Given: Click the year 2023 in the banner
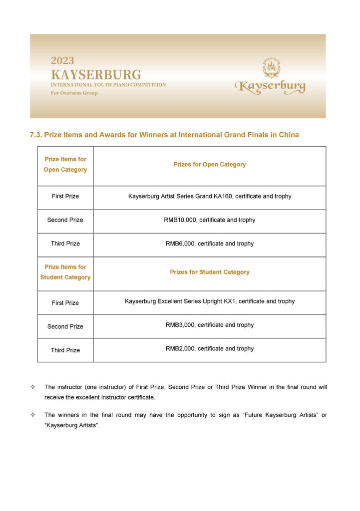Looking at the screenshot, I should (62, 61).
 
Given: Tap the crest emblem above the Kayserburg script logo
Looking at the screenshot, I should (272, 68).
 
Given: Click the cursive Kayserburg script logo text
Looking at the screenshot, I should (270, 87).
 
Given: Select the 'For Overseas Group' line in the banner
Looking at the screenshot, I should (74, 93).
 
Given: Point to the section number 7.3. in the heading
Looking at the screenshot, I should (38, 135).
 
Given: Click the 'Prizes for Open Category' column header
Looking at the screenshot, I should (210, 164).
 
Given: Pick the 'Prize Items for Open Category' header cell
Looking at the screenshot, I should (65, 165).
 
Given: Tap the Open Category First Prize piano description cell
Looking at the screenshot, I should (210, 196).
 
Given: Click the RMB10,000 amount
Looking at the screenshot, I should (180, 220).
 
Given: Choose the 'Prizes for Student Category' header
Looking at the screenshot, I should (210, 272).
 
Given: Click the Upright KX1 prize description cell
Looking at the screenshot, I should (210, 301).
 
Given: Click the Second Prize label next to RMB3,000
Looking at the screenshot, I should (65, 326).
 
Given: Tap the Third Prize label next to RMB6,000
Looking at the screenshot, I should (65, 244).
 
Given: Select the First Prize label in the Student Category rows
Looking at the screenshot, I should (65, 303).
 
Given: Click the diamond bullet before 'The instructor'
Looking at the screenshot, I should (33, 387).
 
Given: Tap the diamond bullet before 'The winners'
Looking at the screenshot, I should (33, 415).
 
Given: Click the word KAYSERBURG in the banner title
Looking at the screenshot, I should (96, 75).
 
